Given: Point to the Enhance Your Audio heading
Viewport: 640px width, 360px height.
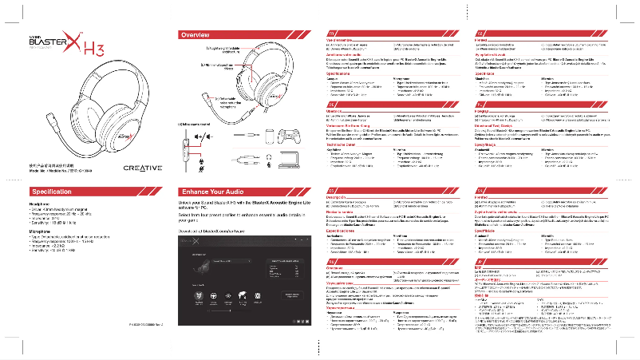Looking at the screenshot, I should click(215, 192).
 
